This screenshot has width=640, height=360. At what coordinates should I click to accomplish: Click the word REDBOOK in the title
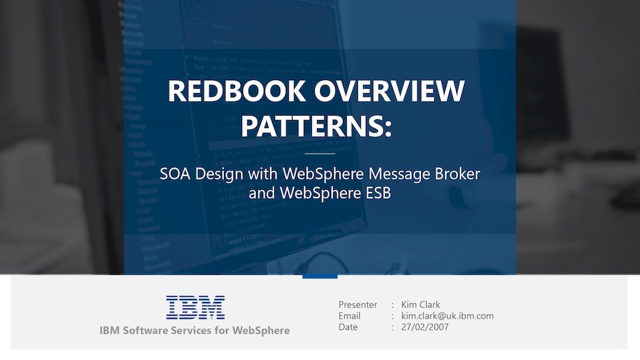(236, 91)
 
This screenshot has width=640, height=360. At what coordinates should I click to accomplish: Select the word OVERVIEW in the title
(389, 91)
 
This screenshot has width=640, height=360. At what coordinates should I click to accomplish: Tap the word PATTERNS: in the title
(316, 126)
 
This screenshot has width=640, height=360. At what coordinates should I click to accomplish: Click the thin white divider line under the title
(320, 154)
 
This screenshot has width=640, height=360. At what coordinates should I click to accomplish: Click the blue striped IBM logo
(196, 308)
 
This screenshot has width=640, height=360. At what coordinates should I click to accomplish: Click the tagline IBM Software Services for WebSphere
(195, 330)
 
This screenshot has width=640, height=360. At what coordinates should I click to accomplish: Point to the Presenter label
(358, 305)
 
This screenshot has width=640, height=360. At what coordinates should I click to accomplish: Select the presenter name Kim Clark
(420, 305)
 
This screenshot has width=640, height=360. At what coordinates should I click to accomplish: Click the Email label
(349, 316)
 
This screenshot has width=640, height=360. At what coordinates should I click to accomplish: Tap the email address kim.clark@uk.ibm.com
(447, 316)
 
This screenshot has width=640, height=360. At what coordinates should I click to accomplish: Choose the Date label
(348, 327)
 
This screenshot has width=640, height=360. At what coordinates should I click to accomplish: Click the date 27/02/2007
(425, 327)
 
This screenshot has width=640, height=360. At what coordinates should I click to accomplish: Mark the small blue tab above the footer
(320, 276)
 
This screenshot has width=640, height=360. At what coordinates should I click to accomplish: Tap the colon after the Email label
(393, 316)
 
